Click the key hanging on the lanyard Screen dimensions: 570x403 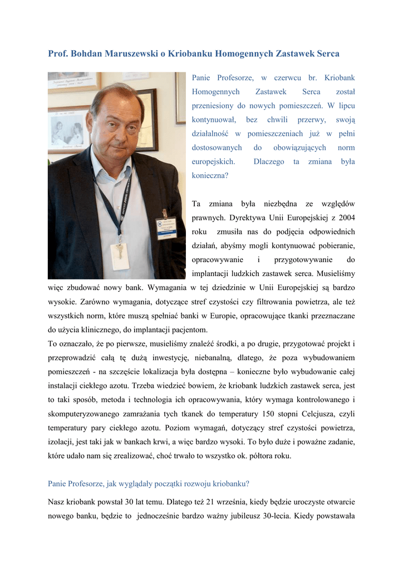pyautogui.click(x=118, y=254)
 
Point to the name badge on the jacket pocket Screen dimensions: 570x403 pyautogui.click(x=165, y=228)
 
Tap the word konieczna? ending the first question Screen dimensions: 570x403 pyautogui.click(x=209, y=175)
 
